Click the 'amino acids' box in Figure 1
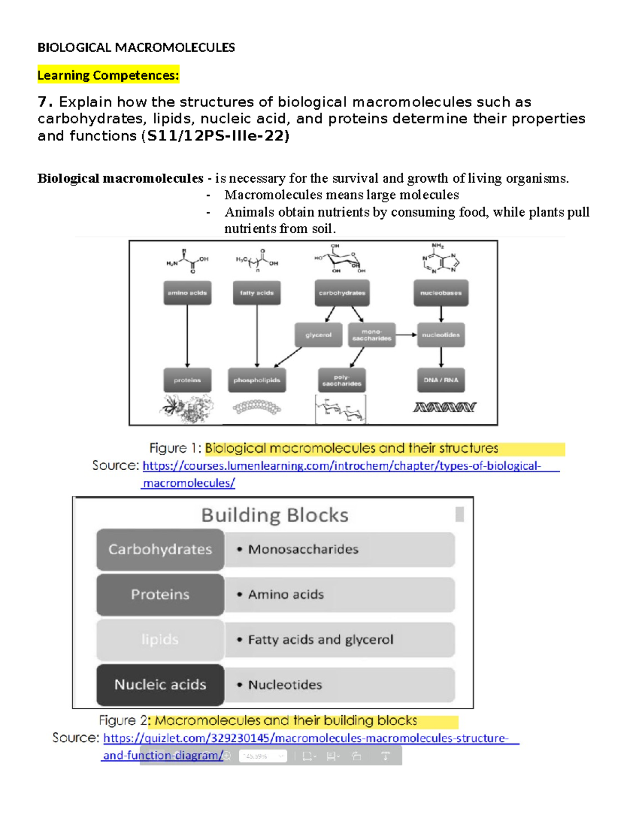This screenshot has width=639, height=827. coord(187,293)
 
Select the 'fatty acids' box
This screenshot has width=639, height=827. coord(257,293)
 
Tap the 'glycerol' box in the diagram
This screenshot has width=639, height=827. coord(318,335)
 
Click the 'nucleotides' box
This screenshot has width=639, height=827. coord(441,335)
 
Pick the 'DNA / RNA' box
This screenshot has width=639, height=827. coord(441,380)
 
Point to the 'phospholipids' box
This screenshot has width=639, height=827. coord(257,380)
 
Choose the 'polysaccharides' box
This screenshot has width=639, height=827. coord(342,380)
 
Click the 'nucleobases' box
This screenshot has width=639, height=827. coord(441,293)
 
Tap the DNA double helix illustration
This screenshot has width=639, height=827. coord(444,407)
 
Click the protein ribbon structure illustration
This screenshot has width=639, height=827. coord(187,408)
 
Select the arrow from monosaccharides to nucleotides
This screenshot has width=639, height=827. coord(406,335)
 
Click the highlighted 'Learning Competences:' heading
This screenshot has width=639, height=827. coord(108,76)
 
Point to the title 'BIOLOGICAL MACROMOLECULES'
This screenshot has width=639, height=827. coord(136,48)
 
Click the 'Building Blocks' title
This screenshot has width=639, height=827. coord(275,515)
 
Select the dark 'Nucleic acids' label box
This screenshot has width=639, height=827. coord(160,684)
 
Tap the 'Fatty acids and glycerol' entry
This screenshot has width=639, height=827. coord(321,640)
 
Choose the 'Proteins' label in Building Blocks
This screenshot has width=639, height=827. coord(160,594)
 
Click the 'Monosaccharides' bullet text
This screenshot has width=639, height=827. coord(303,549)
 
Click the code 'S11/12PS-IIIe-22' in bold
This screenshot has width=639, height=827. coord(217,136)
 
